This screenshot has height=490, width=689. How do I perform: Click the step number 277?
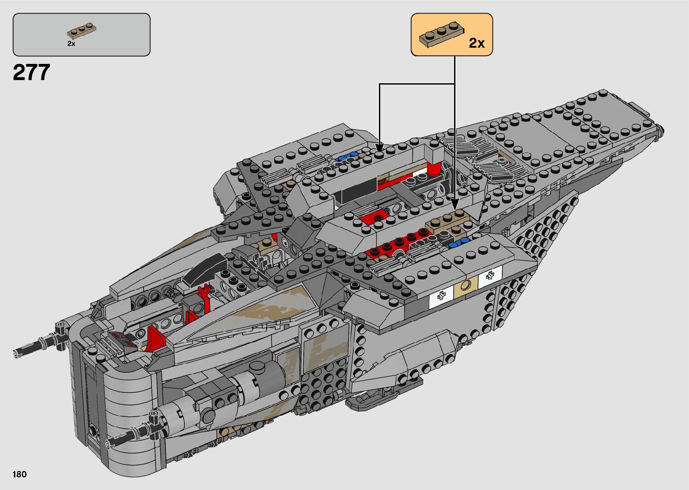(32, 73)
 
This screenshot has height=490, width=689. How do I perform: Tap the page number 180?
(20, 474)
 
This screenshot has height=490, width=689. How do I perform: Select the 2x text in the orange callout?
(477, 43)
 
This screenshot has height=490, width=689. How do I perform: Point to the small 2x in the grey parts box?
(71, 44)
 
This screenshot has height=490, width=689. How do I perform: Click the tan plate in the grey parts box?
(83, 31)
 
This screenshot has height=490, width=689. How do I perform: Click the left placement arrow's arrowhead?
(379, 147)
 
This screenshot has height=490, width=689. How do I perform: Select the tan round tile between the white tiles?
(466, 284)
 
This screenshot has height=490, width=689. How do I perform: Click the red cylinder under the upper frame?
(433, 168)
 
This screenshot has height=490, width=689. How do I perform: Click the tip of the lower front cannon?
(109, 443)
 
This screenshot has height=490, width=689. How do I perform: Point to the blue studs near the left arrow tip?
(346, 157)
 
